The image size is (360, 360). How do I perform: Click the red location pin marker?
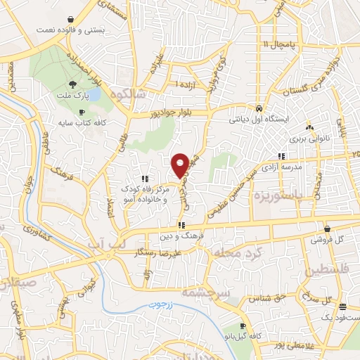click(x=181, y=165)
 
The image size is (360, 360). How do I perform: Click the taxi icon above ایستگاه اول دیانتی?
click(x=259, y=109)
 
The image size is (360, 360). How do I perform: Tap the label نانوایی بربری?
click(x=309, y=139)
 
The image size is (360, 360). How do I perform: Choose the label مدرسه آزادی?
click(x=281, y=167)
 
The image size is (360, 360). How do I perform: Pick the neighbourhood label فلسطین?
click(x=325, y=271)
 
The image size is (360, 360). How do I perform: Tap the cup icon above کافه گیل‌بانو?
click(x=243, y=326)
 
